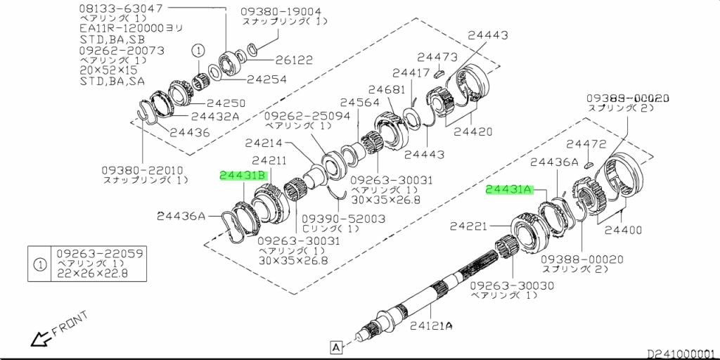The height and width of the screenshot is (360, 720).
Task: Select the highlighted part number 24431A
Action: [x=509, y=190]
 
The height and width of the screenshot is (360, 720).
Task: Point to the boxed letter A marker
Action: [x=335, y=346]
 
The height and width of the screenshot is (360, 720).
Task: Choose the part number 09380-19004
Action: [x=281, y=12]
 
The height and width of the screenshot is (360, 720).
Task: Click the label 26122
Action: [x=295, y=60]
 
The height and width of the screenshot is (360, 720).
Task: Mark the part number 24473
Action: [x=437, y=57]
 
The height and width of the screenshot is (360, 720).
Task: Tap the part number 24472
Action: [x=586, y=144]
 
